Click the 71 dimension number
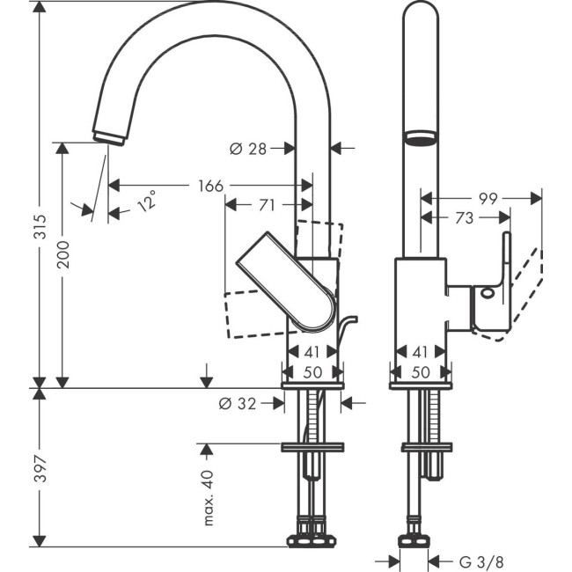(267, 205)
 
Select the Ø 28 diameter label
(247, 149)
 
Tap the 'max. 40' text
(209, 498)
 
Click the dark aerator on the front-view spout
(419, 137)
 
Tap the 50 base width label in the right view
(420, 371)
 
